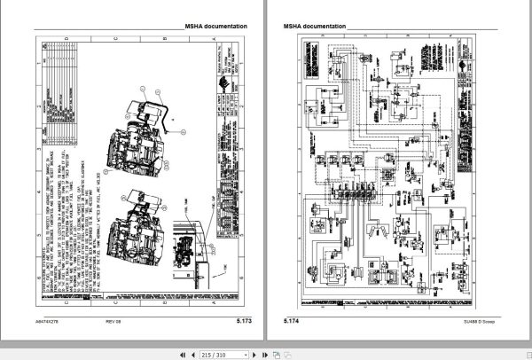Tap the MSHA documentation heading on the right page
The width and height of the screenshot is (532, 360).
pyautogui.click(x=315, y=27)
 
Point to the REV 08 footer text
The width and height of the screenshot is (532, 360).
pyautogui.click(x=113, y=319)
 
